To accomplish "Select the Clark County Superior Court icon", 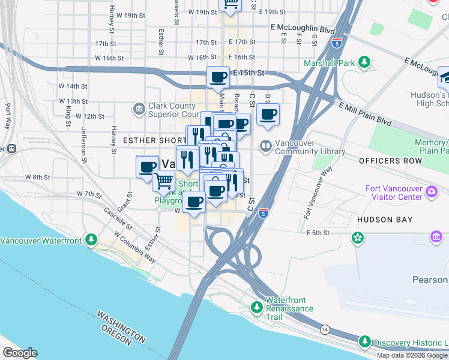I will pos(139,109).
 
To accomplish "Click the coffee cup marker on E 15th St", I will pos(218,77).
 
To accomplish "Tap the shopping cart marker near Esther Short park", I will pos(163,180).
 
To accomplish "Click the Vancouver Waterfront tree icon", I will pos(91,241).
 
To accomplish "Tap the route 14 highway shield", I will pos(325,329).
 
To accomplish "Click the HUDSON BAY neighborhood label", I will pos(384,220).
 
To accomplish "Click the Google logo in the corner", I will pos(20,353).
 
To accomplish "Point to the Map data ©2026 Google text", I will pos(412,355).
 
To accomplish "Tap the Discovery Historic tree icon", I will pos(364,342).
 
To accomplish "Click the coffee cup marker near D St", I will pos(268,113).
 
